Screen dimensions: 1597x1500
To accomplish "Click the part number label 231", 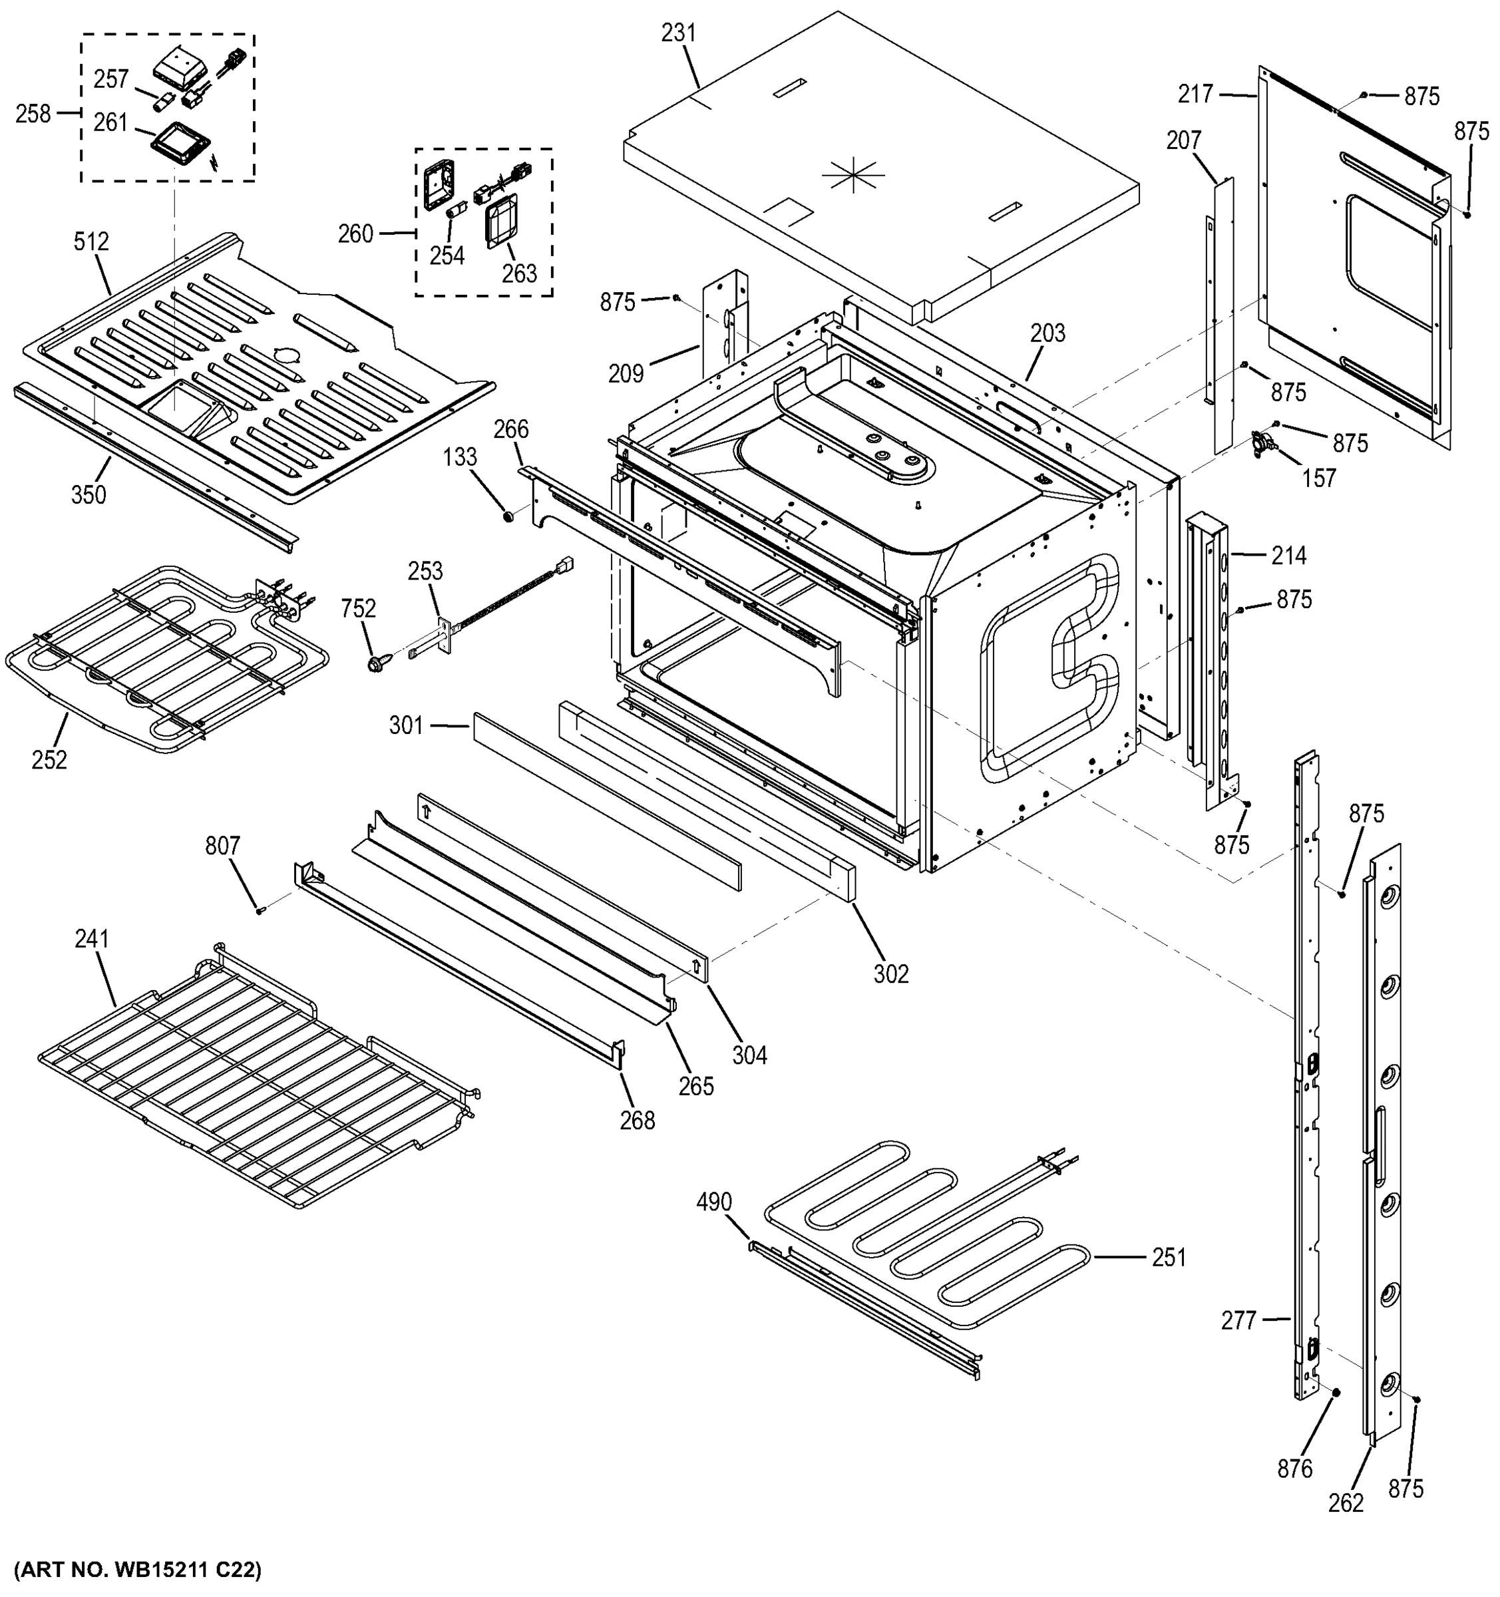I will pos(678,33).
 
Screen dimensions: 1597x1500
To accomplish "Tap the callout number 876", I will pos(1294,1469).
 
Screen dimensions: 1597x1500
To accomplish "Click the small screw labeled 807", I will pos(260,910).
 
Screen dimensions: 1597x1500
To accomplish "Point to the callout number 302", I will pos(891,974).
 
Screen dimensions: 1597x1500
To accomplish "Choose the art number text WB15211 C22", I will pos(138,1570).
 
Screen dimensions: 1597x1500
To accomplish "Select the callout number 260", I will pos(355,234).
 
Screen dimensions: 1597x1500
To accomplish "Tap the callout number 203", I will pos(1047,333).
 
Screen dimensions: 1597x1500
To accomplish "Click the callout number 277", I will pos(1238,1321).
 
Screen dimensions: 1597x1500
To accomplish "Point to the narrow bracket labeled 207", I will pos(1222,321).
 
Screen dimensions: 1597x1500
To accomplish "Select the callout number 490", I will pos(713,1202).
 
